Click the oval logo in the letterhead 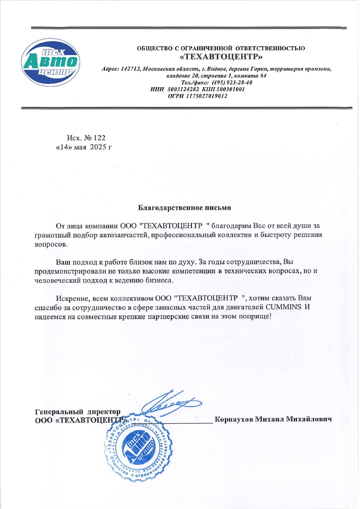tap(50, 63)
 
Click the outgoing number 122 tap(100, 138)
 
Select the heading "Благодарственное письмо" tap(184, 207)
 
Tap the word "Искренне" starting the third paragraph tap(71, 298)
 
